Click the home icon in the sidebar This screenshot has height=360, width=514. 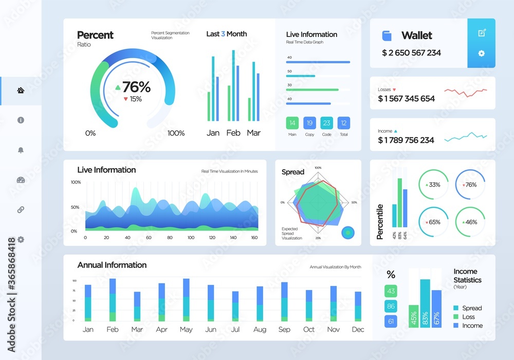(21, 91)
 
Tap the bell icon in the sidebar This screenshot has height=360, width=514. (21, 150)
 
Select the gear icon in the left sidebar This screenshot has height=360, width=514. (21, 240)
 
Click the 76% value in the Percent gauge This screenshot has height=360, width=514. (136, 87)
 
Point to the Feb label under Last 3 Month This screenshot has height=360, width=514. (233, 133)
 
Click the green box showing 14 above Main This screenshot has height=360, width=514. (292, 123)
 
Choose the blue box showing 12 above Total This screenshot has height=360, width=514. (344, 123)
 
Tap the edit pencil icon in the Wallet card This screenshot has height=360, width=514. (482, 33)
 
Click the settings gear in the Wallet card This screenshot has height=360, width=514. (482, 53)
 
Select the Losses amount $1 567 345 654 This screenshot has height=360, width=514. (406, 98)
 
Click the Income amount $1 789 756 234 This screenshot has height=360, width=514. (406, 140)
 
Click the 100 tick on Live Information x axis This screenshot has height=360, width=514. (191, 238)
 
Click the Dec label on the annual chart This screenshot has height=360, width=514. (358, 329)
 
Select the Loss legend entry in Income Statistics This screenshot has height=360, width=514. (468, 317)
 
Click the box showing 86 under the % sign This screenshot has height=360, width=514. (391, 307)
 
